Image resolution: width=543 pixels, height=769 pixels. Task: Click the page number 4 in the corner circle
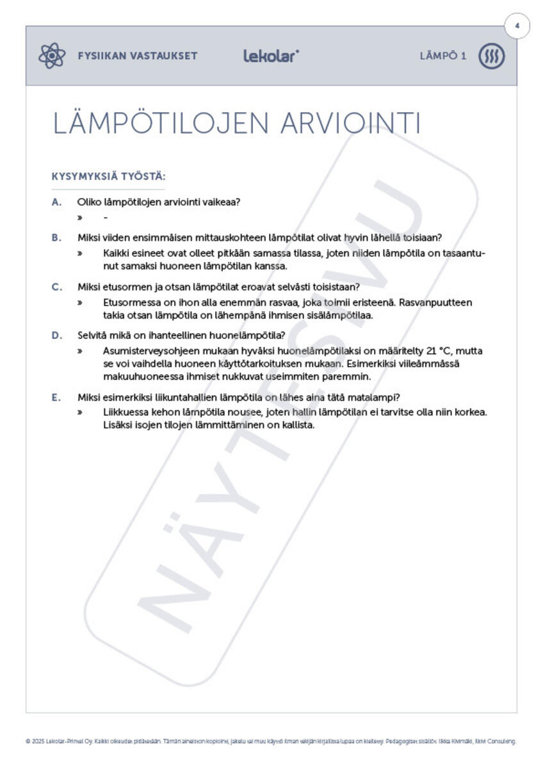point(517,26)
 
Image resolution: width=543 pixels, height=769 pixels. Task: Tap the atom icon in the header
point(52,56)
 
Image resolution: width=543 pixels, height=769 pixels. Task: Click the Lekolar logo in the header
point(270,56)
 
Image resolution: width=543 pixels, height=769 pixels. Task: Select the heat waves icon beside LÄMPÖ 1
point(492,56)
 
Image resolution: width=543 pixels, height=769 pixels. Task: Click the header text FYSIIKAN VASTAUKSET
point(138,56)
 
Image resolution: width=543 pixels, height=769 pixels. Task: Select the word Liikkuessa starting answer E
point(126,412)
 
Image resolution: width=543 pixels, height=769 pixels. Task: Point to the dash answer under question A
point(105,218)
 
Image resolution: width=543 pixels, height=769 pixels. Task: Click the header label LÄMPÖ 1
point(443,56)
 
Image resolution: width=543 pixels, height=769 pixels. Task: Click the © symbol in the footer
point(28,741)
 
